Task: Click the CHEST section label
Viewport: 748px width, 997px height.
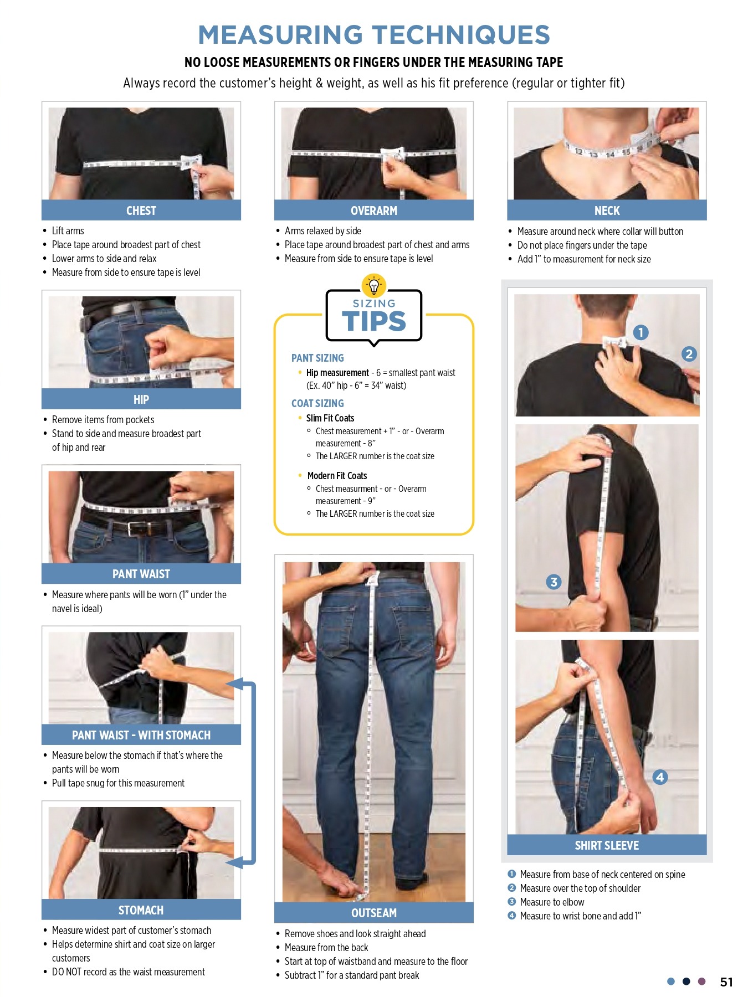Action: coord(141,210)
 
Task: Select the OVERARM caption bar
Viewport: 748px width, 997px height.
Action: coord(374,210)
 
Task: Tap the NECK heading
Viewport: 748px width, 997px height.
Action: coord(607,210)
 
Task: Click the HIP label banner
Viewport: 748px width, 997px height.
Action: coord(141,399)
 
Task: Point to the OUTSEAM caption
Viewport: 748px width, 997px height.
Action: coord(374,913)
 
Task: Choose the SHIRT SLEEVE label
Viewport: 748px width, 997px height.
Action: coord(607,845)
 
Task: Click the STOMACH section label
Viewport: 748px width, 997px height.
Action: coord(141,910)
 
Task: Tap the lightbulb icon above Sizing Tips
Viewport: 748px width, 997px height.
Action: coord(374,286)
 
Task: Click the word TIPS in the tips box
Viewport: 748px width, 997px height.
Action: coord(374,321)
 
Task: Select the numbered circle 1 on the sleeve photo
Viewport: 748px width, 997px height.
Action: coord(641,332)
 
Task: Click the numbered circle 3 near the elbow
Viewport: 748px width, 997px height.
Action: coord(554,582)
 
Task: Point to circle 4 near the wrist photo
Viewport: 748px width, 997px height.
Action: coord(659,777)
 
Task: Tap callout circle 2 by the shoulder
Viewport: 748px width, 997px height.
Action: coord(689,354)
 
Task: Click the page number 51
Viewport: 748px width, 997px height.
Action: coord(726,982)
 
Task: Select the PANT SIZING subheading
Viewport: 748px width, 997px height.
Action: coord(317,358)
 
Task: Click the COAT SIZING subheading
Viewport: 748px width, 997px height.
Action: coord(317,403)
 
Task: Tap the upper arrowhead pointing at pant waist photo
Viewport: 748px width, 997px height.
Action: coord(234,683)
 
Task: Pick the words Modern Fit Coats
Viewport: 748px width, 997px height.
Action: coord(337,476)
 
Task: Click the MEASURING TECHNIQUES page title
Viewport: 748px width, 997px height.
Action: coord(374,35)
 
